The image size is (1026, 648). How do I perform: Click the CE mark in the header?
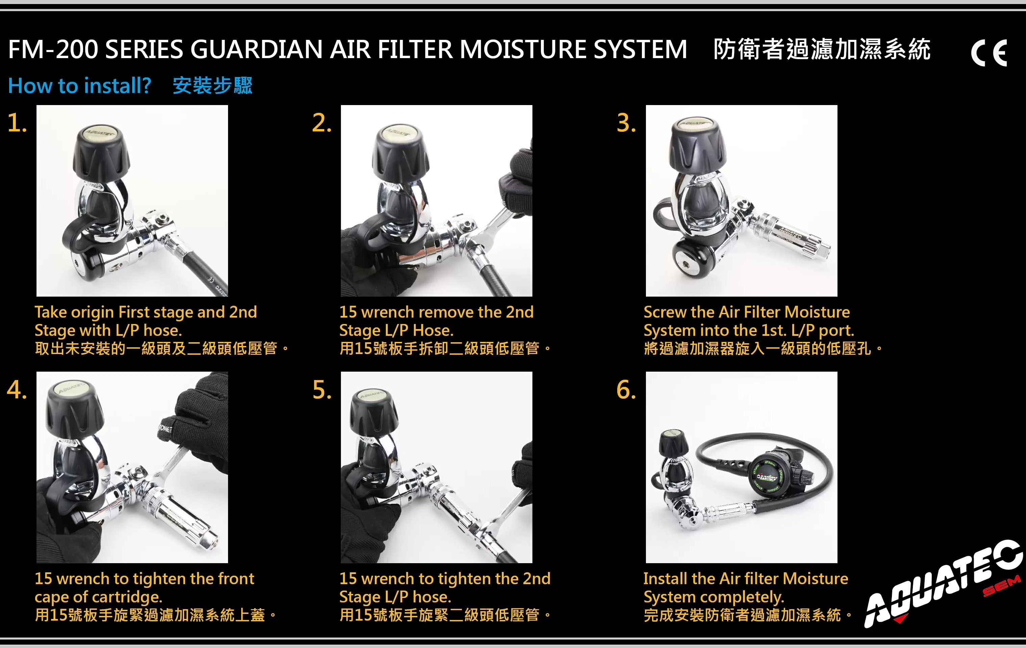click(x=989, y=53)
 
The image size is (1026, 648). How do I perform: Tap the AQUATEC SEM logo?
click(x=944, y=585)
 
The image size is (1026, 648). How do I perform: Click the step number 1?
click(x=17, y=123)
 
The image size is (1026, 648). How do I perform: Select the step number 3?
click(x=626, y=123)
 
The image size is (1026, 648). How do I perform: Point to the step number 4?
click(x=17, y=390)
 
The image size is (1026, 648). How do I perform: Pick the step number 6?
click(x=626, y=390)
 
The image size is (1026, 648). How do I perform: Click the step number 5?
click(x=322, y=390)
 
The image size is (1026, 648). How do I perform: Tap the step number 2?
click(x=322, y=123)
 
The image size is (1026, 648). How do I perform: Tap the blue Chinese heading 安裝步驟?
click(x=212, y=85)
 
